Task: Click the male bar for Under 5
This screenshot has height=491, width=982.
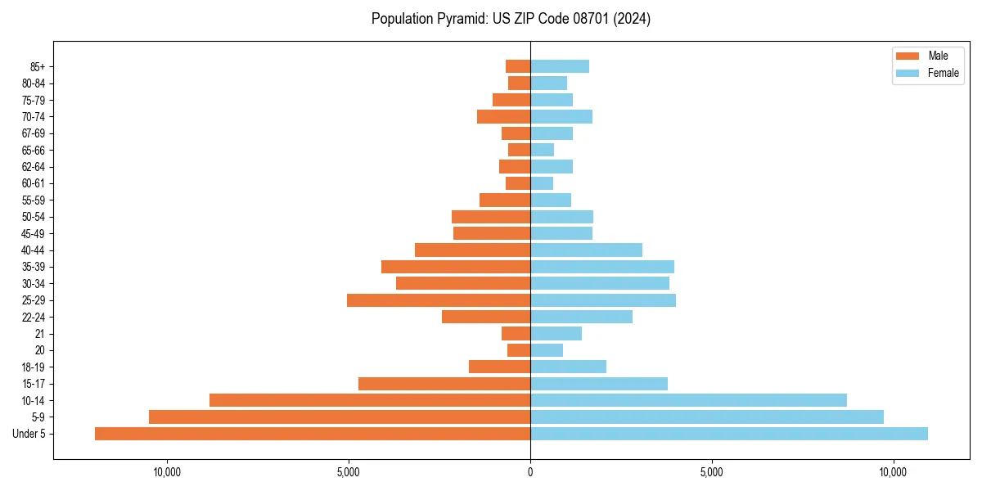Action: point(313,434)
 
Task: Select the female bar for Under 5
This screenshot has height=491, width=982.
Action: point(729,434)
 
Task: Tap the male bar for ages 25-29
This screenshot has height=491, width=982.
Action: point(439,300)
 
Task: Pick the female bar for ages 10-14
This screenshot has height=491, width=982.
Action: point(688,400)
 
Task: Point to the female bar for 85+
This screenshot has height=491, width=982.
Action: point(560,66)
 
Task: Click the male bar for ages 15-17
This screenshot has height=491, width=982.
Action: point(444,384)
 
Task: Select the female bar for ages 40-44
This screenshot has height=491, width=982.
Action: point(586,250)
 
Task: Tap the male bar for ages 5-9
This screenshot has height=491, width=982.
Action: point(340,417)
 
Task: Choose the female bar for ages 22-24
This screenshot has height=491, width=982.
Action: point(581,317)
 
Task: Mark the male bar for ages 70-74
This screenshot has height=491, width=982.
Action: point(503,117)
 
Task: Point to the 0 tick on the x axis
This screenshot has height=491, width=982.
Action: point(530,472)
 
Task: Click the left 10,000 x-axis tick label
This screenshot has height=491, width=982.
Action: point(167,472)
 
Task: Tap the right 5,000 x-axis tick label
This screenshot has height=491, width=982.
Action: point(712,472)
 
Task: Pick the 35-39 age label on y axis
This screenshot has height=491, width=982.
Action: point(34,267)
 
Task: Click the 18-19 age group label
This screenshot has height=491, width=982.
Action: point(34,367)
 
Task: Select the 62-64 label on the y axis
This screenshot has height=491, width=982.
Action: point(34,167)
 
